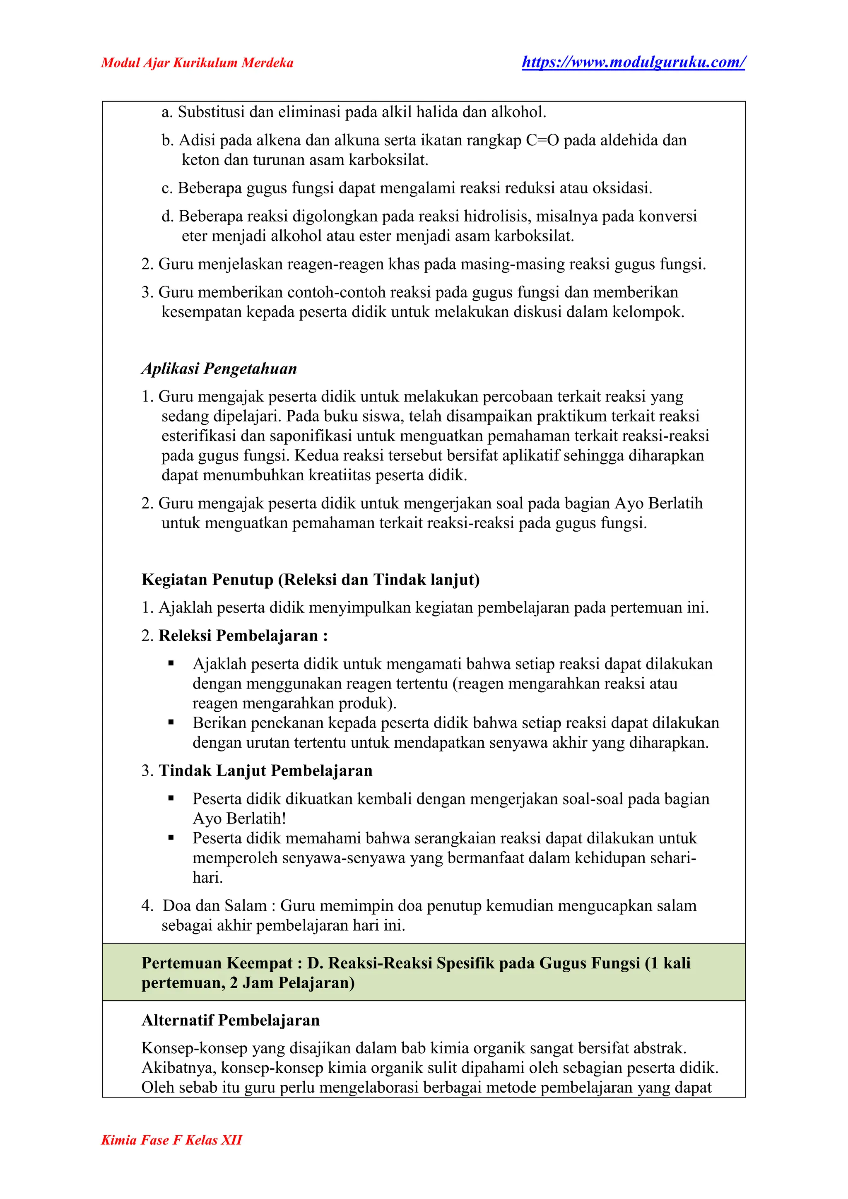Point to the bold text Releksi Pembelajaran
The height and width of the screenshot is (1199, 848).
pos(238,636)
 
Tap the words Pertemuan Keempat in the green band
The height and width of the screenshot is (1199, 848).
pos(217,963)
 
